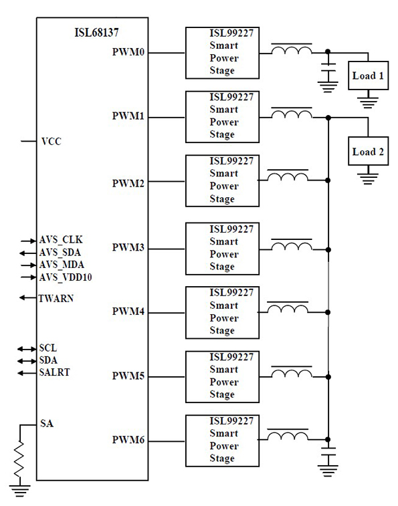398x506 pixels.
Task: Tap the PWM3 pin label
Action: tap(128, 248)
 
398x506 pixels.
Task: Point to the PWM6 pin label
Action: tap(128, 440)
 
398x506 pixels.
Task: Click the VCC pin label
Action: tap(52, 142)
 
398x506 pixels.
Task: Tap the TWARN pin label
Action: tap(56, 298)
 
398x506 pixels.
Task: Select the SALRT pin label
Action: tap(54, 372)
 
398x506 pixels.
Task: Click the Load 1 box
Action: tap(368, 76)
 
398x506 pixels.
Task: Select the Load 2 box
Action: tap(368, 152)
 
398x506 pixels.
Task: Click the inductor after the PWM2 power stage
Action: tap(288, 177)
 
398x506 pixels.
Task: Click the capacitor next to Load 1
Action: tap(327, 70)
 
